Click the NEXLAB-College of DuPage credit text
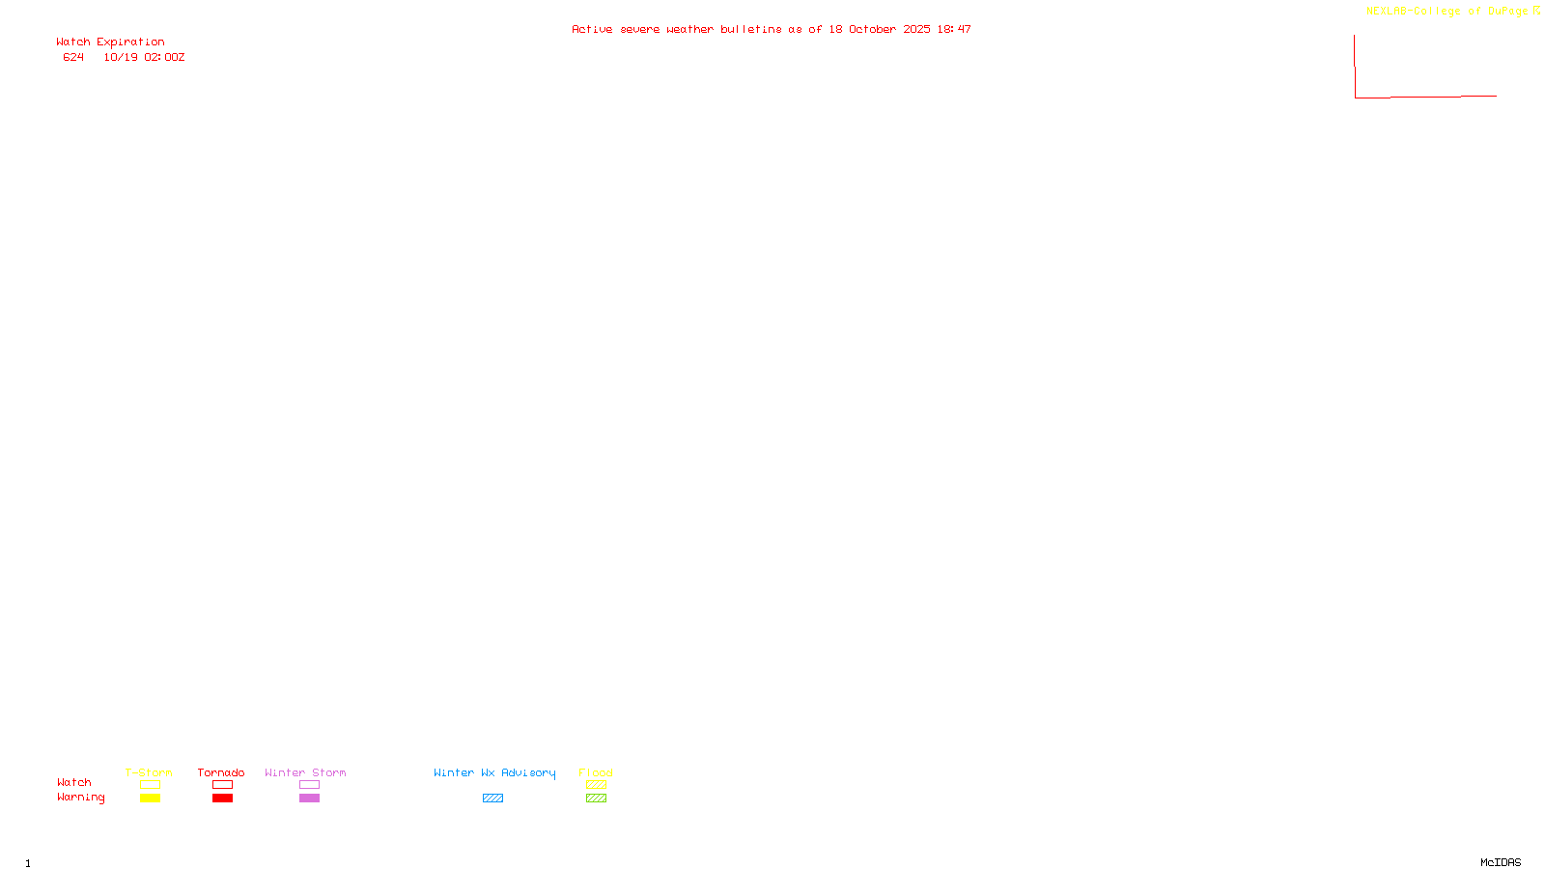click(1447, 12)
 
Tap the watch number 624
click(73, 58)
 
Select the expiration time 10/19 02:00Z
click(144, 58)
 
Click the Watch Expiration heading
click(110, 42)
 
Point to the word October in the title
click(872, 30)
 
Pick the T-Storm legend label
click(149, 772)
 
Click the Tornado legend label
click(221, 772)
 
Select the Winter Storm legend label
click(305, 772)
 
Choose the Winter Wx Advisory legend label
click(494, 772)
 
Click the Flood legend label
click(596, 772)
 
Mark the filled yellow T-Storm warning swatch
click(150, 799)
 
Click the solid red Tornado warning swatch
click(223, 799)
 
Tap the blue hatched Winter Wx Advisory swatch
click(492, 799)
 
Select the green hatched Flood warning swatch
click(596, 799)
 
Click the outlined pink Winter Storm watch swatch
click(309, 785)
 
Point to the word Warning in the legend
click(80, 798)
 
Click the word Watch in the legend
click(74, 783)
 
